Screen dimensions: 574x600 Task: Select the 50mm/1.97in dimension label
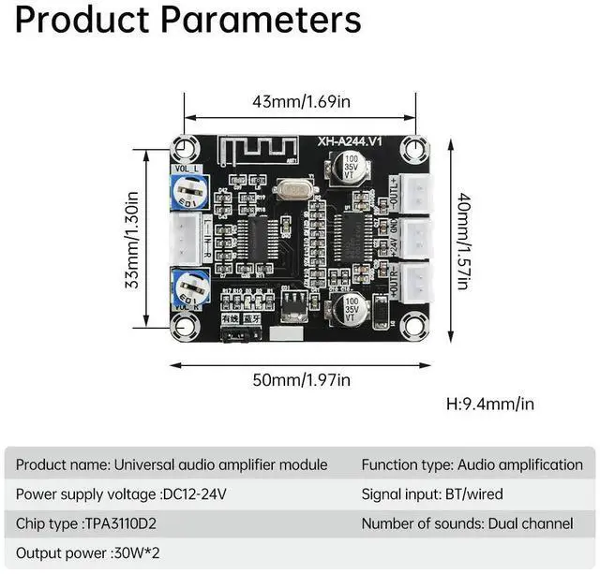coord(302,379)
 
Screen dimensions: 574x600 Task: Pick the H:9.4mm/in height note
coord(490,405)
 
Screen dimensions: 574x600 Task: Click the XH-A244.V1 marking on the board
coord(352,141)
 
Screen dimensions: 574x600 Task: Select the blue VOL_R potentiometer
coord(190,284)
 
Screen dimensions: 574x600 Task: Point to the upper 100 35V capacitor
coord(349,163)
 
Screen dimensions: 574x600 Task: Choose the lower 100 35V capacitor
coord(352,311)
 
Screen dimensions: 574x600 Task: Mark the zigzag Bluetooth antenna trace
coord(254,147)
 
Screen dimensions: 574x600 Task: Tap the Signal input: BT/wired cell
coord(432,493)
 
